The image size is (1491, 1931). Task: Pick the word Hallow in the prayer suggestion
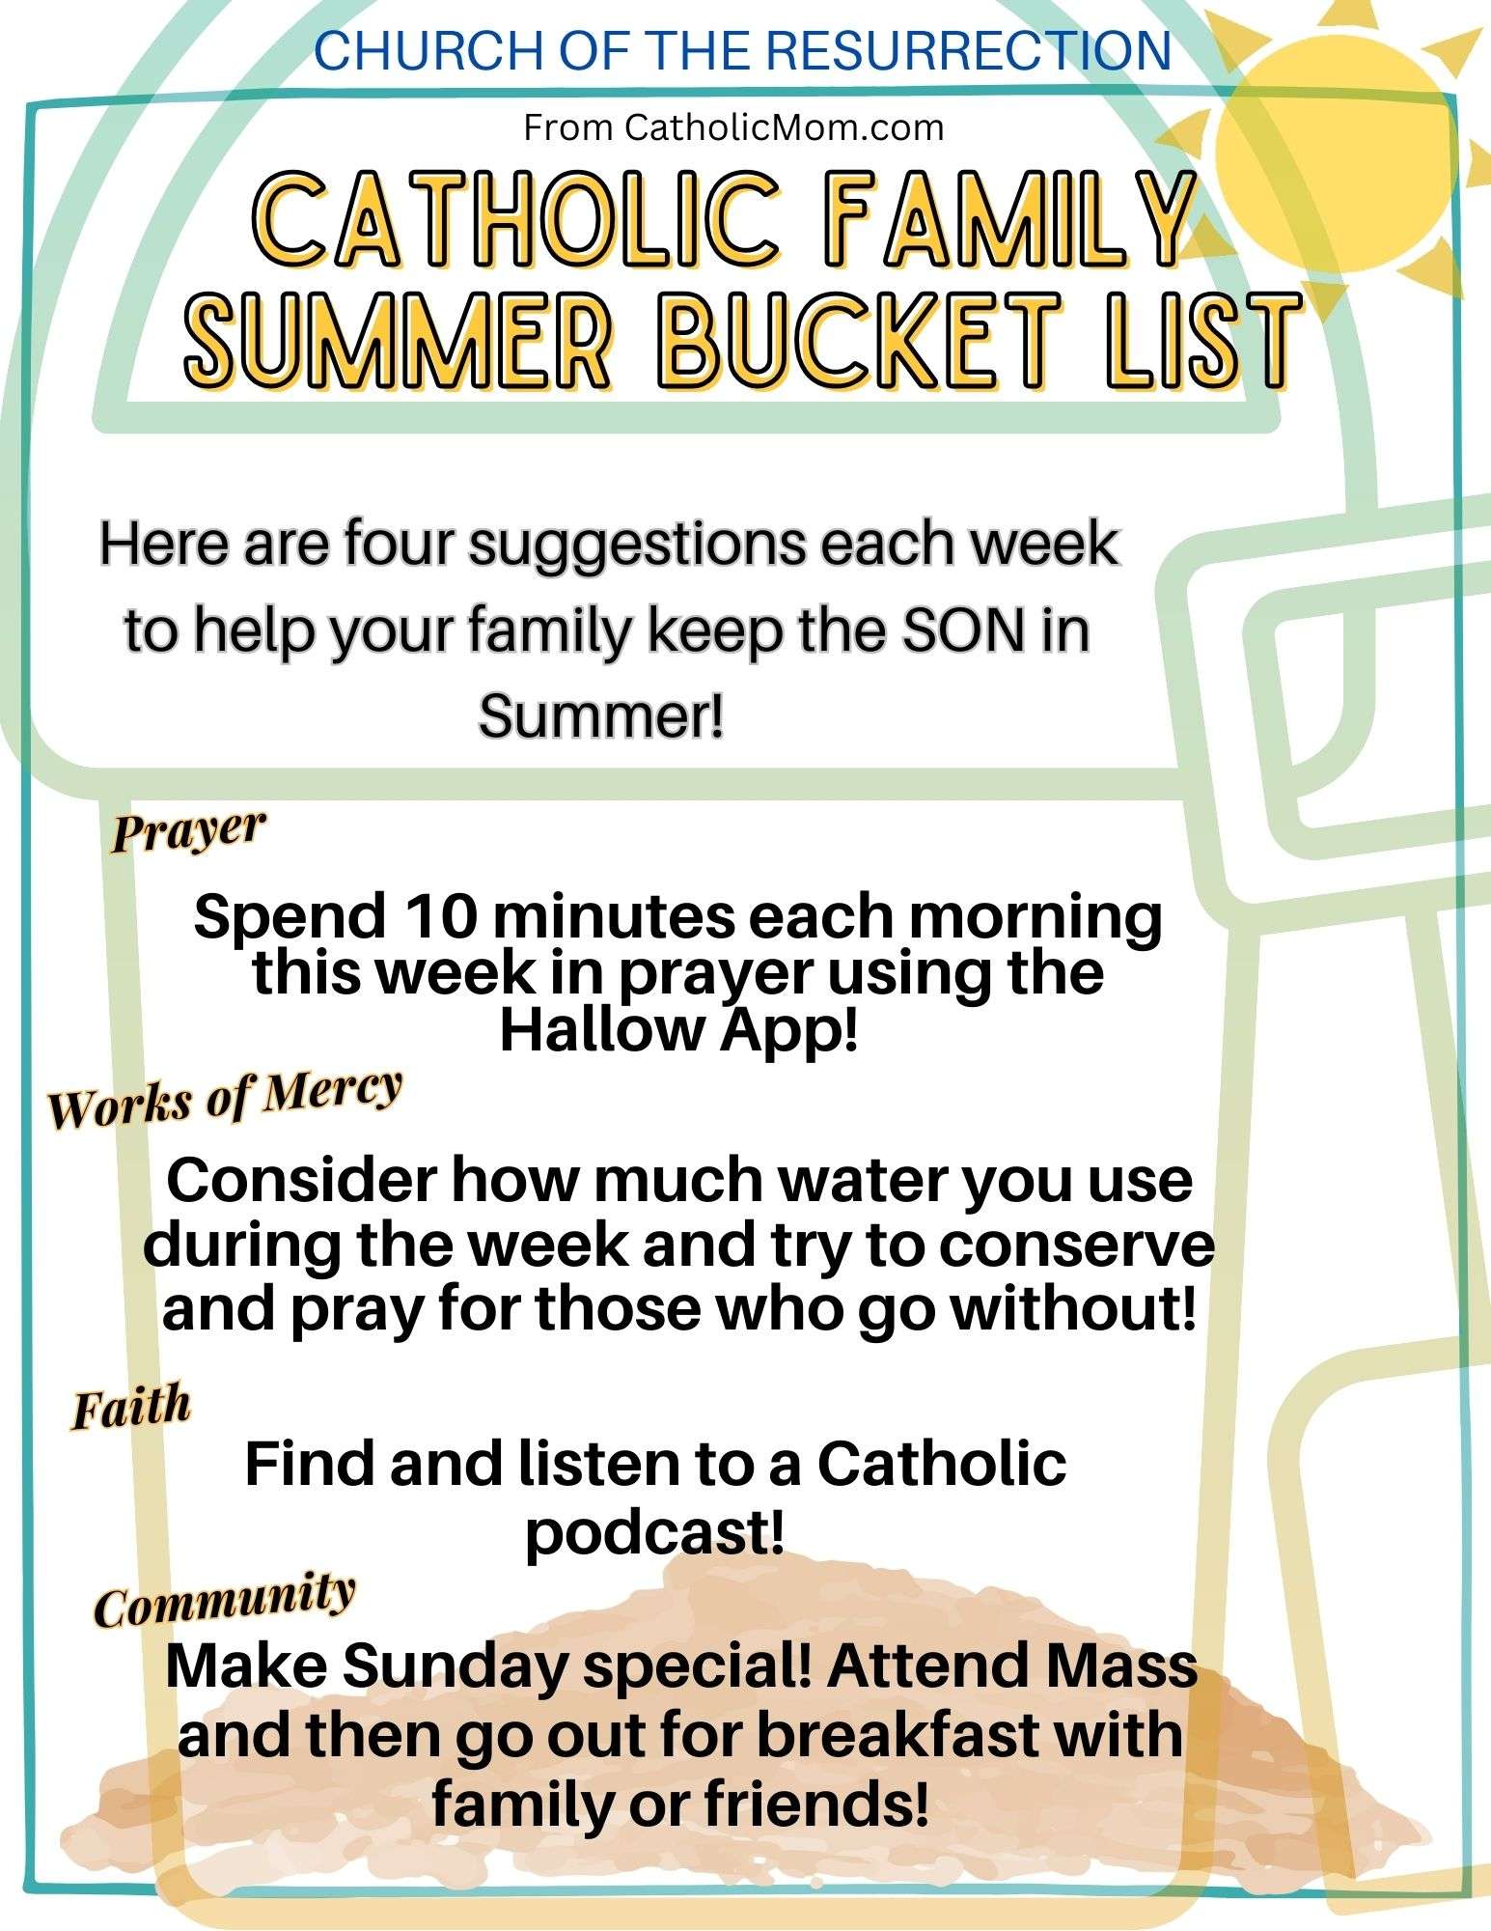tap(602, 1031)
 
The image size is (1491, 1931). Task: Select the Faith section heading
tap(131, 1408)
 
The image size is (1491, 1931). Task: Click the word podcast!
tap(655, 1532)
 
